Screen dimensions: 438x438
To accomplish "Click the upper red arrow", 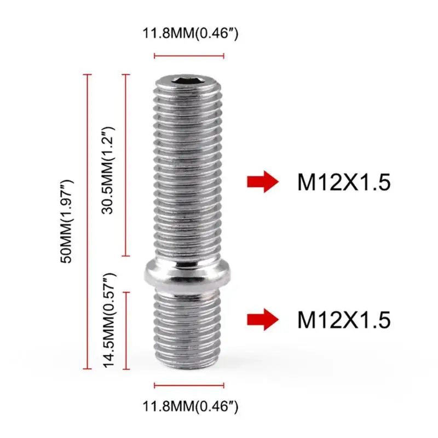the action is (263, 182).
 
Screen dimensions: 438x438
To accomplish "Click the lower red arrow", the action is (263, 320).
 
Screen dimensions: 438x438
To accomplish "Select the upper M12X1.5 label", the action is (344, 182).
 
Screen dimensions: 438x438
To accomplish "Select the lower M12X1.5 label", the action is (344, 320).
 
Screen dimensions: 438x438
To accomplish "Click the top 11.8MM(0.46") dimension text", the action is (190, 33).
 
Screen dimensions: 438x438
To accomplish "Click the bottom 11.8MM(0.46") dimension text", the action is (190, 406).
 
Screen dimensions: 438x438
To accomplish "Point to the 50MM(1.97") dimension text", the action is (66, 222).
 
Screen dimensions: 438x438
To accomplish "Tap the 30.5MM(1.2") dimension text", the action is (108, 170).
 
